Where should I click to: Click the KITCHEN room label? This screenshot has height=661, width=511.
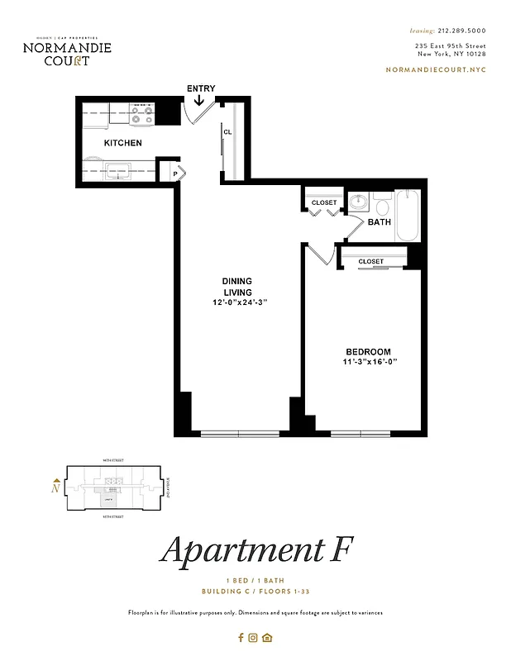coord(122,143)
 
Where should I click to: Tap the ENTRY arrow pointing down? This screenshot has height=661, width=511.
coord(199,101)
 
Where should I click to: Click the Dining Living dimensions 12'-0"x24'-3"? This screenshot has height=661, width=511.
coord(239,302)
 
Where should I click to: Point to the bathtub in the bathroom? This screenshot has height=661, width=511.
coord(408,216)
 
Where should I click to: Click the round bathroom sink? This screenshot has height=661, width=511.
coord(358,202)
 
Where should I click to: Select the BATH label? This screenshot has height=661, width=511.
coord(379,222)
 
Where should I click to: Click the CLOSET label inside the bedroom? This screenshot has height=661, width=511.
coord(371,261)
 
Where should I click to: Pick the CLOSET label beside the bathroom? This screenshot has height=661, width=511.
coord(323,202)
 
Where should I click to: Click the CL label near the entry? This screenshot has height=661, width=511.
coord(226,132)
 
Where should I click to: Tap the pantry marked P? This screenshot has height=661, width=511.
coord(175,174)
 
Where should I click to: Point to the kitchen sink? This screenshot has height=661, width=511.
coord(119,172)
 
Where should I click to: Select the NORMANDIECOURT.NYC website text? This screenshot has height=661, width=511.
coord(436,69)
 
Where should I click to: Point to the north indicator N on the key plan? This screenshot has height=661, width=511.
coord(55,487)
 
